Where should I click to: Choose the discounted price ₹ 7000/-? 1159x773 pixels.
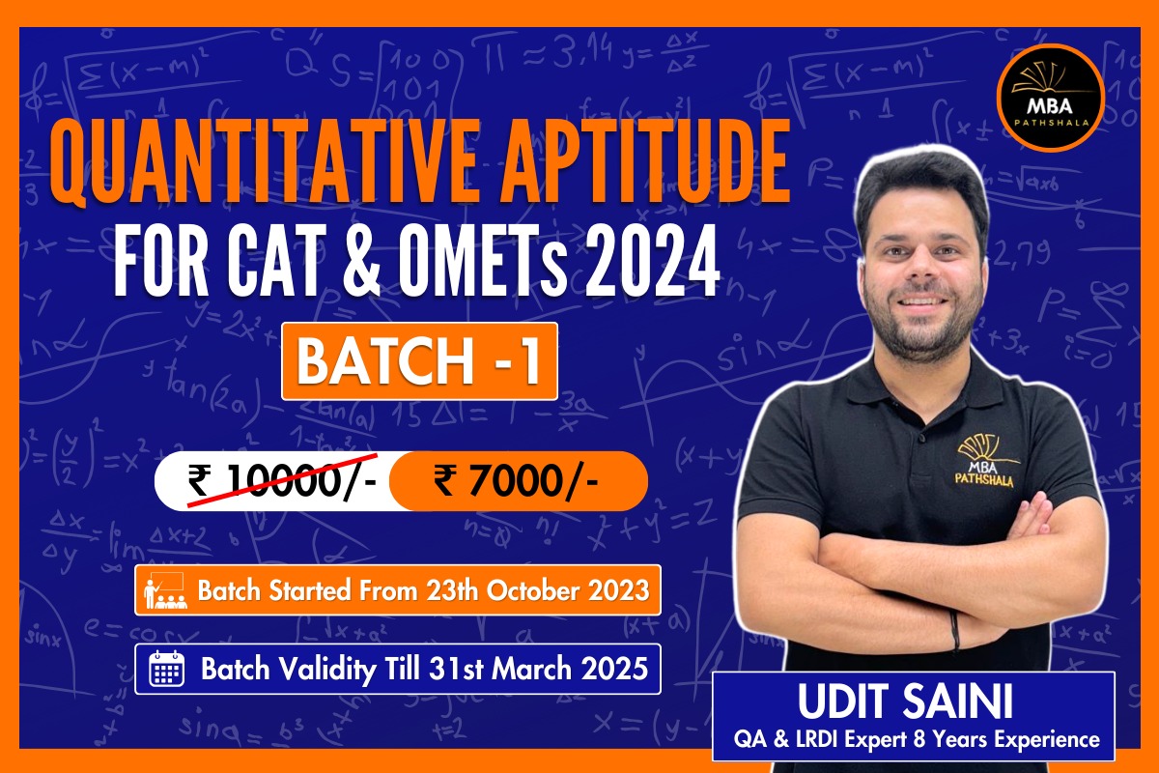tap(517, 480)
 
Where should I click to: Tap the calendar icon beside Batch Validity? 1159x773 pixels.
tap(166, 669)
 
